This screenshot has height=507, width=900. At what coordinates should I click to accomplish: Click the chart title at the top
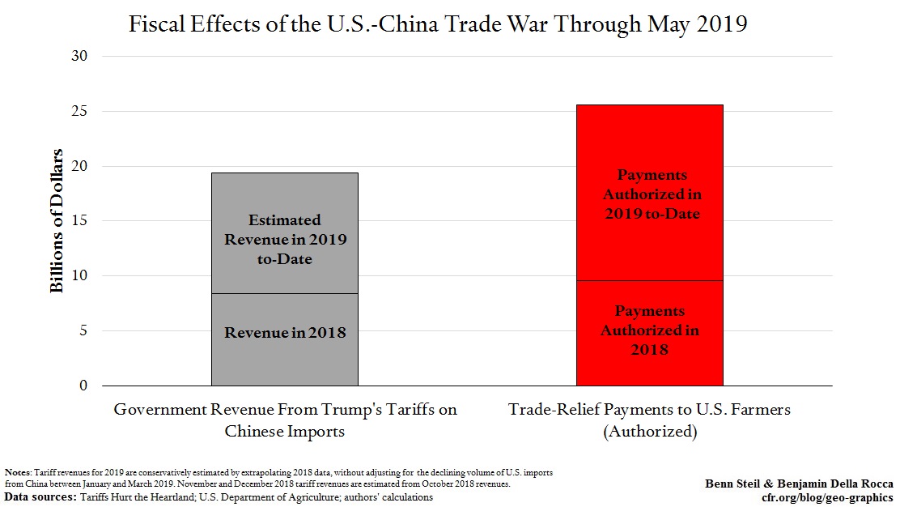438,24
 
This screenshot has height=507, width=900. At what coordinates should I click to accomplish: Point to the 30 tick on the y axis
83,57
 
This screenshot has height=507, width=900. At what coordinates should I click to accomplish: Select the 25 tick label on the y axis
83,111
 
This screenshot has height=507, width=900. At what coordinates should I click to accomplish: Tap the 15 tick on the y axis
83,221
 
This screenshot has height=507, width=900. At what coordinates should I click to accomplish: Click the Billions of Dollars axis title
57,221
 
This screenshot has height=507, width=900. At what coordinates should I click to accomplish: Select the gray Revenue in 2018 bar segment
284,339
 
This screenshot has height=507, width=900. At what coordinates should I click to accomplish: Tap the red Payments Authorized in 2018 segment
649,332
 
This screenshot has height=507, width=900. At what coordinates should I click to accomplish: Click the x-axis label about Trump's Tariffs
285,410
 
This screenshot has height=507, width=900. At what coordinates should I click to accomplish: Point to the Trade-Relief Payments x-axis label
649,410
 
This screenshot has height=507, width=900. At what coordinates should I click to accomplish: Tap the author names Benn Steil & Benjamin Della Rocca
799,484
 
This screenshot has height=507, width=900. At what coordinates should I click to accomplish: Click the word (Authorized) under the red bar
649,431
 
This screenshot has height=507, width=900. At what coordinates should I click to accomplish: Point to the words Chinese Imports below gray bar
285,431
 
